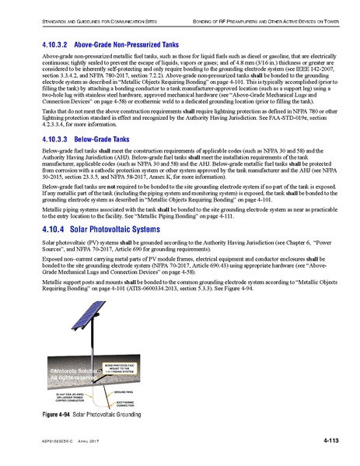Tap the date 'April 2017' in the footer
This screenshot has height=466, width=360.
coord(92,442)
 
